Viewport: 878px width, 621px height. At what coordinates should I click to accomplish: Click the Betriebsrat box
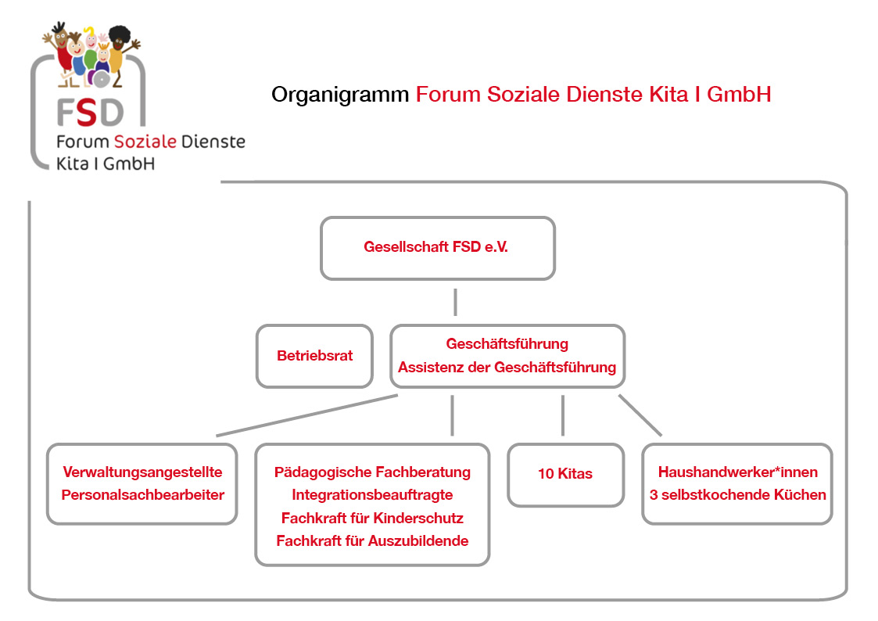point(314,356)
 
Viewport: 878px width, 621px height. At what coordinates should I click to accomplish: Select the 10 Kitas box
point(565,474)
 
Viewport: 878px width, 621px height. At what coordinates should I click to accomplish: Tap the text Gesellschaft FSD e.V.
point(437,247)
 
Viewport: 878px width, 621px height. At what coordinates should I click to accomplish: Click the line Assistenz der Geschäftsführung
point(507,368)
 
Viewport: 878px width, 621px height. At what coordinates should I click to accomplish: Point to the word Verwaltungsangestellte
point(142,472)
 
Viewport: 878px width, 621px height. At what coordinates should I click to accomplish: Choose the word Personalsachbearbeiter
point(142,495)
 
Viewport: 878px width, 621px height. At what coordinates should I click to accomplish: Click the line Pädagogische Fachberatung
point(372,472)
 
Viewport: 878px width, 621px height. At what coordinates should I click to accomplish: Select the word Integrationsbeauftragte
point(372,495)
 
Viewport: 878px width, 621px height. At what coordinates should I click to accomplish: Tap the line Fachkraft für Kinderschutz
point(372,518)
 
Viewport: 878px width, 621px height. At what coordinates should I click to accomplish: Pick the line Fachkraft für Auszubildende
point(372,540)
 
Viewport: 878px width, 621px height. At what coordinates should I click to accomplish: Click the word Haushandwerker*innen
point(737,472)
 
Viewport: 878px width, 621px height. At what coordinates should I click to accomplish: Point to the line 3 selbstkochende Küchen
point(737,495)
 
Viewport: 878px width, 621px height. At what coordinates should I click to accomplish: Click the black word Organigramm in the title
point(340,95)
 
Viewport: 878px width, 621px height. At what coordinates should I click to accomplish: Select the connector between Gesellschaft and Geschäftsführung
point(455,301)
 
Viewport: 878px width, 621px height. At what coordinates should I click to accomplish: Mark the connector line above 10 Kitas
point(563,415)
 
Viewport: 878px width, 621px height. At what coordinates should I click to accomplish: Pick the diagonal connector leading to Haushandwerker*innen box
point(640,415)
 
